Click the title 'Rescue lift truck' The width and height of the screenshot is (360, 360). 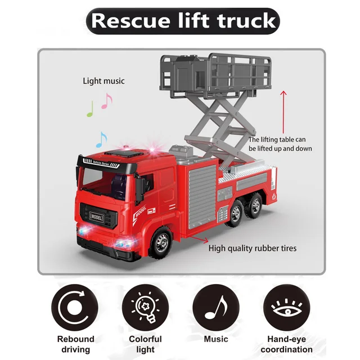[x=183, y=21]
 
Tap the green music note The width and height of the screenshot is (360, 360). [x=90, y=109]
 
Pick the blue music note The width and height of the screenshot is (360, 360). [x=101, y=139]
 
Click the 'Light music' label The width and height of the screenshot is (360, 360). [x=103, y=81]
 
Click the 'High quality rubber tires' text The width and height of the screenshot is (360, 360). [x=253, y=248]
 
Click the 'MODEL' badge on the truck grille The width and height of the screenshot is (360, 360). [x=97, y=216]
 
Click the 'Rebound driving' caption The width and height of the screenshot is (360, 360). [x=75, y=344]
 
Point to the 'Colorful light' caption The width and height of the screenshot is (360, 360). [x=145, y=344]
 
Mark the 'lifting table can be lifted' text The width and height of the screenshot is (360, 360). [x=280, y=144]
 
